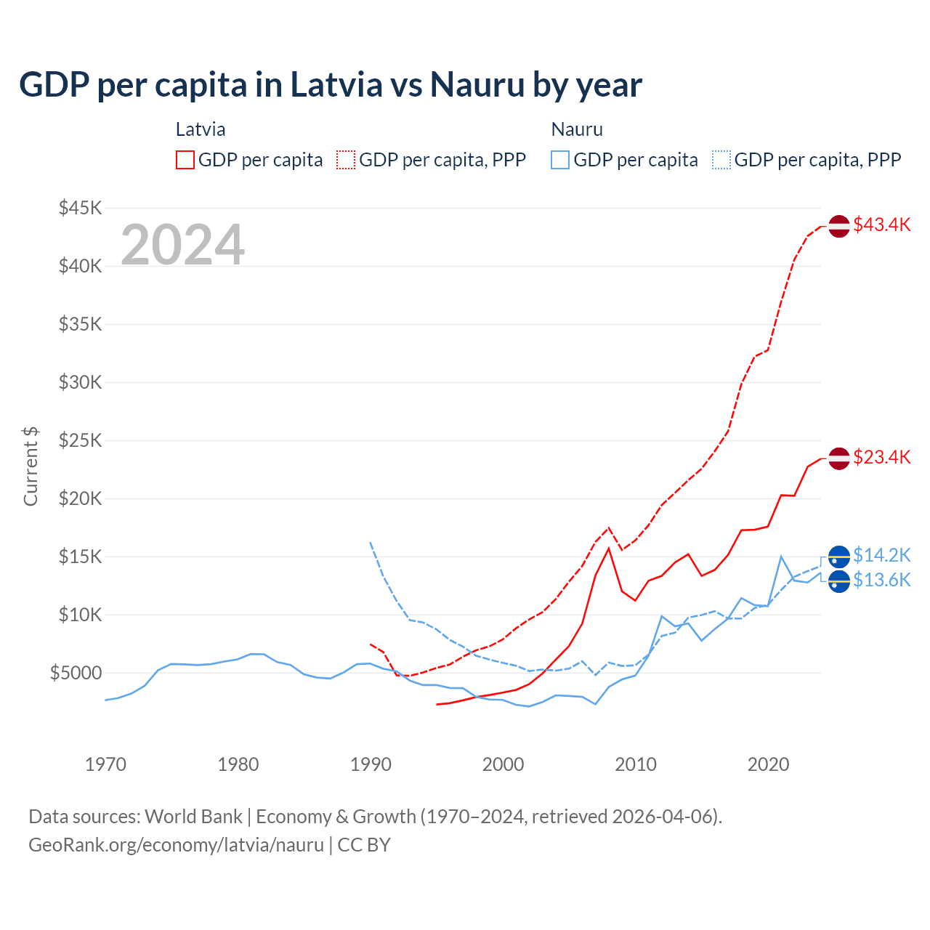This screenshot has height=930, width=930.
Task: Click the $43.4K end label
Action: tap(881, 225)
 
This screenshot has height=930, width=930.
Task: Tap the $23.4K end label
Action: tap(881, 457)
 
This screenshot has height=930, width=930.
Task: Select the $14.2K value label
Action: tap(881, 555)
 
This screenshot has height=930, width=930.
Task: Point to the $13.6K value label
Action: tap(881, 580)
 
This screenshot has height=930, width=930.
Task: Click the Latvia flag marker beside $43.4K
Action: tap(839, 226)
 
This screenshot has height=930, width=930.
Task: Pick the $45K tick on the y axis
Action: tap(80, 209)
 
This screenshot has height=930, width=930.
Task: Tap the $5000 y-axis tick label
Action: tap(76, 673)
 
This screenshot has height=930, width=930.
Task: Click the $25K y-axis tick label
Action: tap(80, 440)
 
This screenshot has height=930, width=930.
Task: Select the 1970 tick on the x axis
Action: tap(105, 764)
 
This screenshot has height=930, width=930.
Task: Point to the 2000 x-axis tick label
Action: tap(503, 764)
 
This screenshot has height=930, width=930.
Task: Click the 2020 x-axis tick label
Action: tap(768, 764)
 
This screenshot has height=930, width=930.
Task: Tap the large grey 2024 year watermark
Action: tap(182, 245)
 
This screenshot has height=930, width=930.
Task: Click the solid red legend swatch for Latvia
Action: tap(185, 160)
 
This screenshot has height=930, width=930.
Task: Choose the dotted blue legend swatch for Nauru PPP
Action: tap(721, 160)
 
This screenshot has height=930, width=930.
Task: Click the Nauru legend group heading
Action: tap(577, 129)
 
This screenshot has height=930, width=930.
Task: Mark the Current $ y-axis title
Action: tap(31, 466)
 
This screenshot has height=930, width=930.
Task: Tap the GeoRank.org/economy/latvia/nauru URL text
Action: tap(176, 845)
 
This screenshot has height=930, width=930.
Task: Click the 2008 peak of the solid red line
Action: tap(609, 548)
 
